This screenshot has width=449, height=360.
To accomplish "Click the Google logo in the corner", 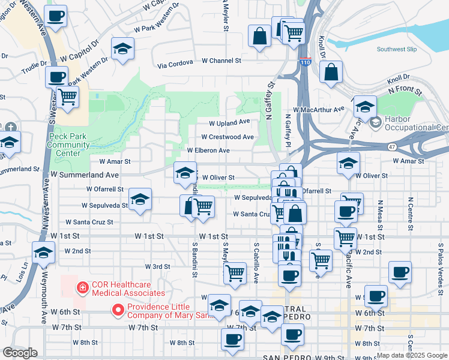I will click(x=20, y=353).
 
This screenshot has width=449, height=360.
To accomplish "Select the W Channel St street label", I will click(x=221, y=61).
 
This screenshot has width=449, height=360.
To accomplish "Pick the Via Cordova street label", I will click(x=175, y=63).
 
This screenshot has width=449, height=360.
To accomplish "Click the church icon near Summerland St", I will click(x=10, y=127).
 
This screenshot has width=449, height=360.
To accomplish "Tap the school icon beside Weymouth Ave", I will click(x=43, y=254).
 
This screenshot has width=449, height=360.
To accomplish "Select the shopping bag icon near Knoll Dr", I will click(x=331, y=72).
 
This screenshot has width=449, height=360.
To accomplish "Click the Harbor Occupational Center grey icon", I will click(x=376, y=123).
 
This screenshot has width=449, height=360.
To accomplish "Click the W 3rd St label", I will click(x=157, y=266).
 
